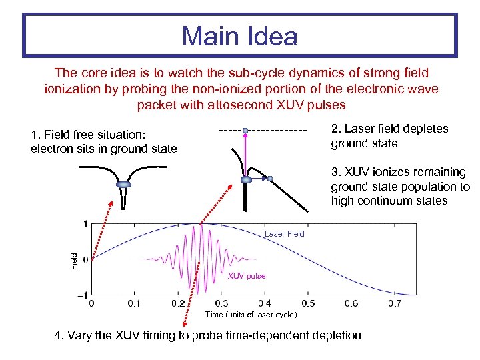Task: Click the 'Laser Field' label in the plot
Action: pos(284,234)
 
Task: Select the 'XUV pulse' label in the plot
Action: pos(247,276)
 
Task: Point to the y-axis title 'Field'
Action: pos(75,259)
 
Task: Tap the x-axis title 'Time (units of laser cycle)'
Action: pos(250,315)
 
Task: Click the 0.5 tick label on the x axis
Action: pos(308,303)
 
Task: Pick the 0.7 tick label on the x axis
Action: pos(395,303)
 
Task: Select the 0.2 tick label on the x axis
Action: pos(178,303)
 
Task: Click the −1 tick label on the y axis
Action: pos(83,295)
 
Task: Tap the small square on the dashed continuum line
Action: pos(245,130)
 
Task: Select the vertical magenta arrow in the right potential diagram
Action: pos(245,155)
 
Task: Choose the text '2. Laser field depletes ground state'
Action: pos(389,136)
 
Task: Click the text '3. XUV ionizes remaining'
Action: pos(398,172)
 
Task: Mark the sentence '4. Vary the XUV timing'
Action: pos(207,335)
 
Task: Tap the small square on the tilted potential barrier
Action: pos(270,179)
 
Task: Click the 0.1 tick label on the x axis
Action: pos(135,303)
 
